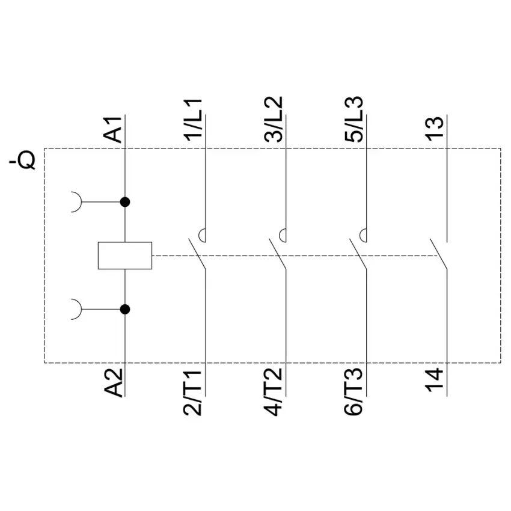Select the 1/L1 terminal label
pyautogui.click(x=194, y=120)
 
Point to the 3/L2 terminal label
pyautogui.click(x=274, y=120)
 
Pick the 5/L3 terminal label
pyautogui.click(x=355, y=120)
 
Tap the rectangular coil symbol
pyautogui.click(x=124, y=255)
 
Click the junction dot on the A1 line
pyautogui.click(x=125, y=202)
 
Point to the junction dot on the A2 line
pyautogui.click(x=125, y=309)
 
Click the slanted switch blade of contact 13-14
pyautogui.click(x=439, y=255)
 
